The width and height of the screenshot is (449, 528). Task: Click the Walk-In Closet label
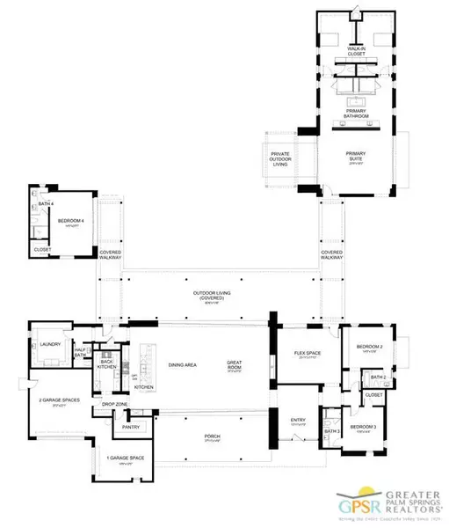click(x=355, y=52)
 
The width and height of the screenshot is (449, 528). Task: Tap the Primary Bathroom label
click(x=355, y=113)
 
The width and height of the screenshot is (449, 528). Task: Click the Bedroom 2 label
click(x=369, y=348)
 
